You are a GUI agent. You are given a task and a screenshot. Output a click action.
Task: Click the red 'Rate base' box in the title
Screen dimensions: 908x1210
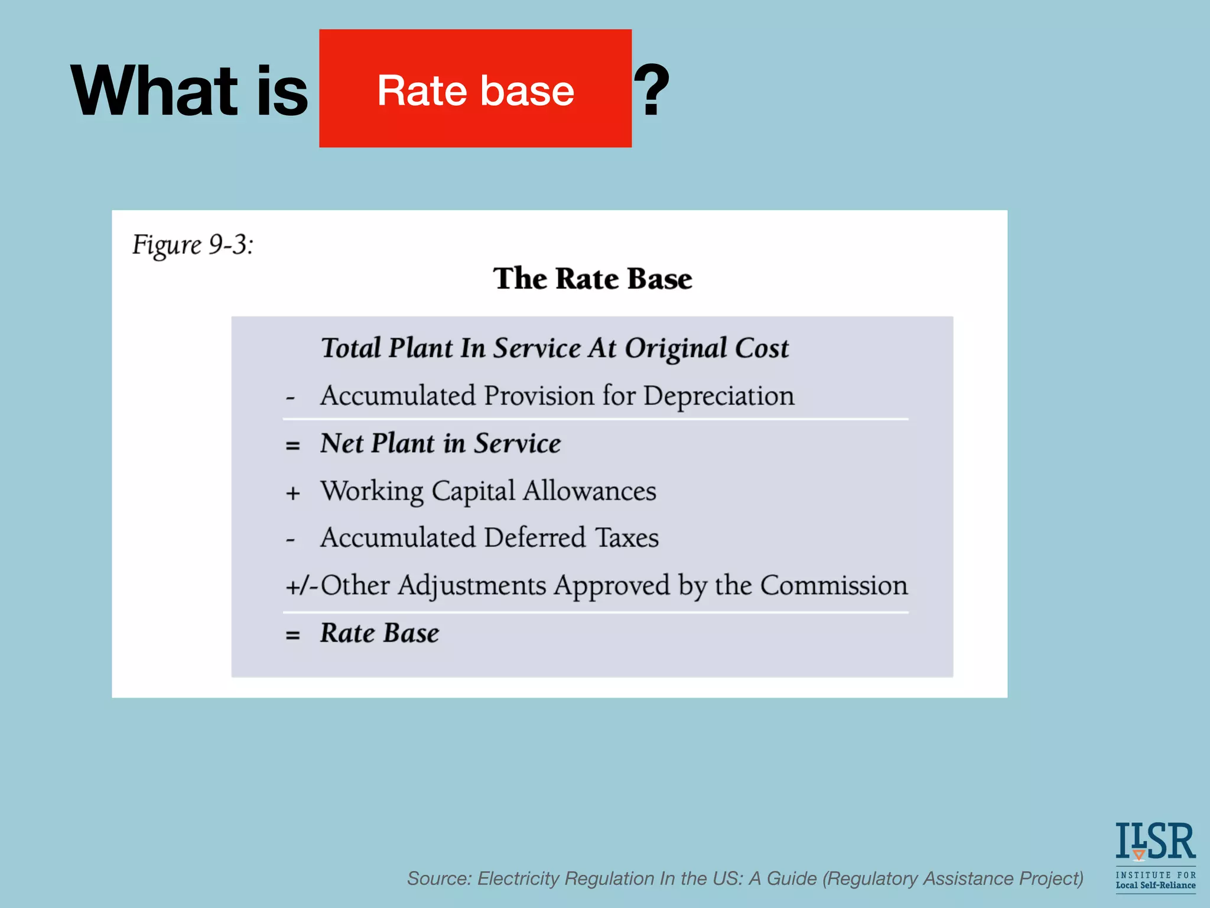(x=475, y=89)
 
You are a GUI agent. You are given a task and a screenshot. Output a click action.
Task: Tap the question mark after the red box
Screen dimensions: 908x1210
(x=652, y=90)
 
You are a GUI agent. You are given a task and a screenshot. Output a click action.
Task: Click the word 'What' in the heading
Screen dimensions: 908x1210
(x=154, y=92)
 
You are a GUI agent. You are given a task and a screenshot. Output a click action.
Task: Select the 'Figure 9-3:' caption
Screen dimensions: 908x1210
(x=193, y=245)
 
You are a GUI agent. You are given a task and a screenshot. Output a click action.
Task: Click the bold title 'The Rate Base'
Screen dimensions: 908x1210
(x=593, y=278)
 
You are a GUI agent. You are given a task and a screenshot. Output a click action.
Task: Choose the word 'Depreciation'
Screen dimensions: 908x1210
(x=718, y=396)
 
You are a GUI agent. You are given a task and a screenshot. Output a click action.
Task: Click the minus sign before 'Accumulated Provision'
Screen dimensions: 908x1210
(x=290, y=398)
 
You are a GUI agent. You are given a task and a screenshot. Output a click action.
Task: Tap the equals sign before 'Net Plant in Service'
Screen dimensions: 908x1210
(x=292, y=445)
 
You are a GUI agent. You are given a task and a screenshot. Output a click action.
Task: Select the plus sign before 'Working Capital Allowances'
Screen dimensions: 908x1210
(x=293, y=492)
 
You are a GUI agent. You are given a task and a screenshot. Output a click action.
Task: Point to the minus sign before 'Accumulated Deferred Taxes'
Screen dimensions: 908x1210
(x=290, y=540)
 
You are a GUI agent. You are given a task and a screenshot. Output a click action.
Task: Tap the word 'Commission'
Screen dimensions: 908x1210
(x=834, y=585)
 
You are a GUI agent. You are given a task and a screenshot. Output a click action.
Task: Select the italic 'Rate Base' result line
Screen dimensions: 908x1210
(x=380, y=633)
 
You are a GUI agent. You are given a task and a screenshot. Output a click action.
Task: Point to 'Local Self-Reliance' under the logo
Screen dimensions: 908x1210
(x=1155, y=886)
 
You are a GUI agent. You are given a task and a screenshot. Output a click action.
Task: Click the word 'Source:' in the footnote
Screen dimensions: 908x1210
(x=439, y=878)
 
